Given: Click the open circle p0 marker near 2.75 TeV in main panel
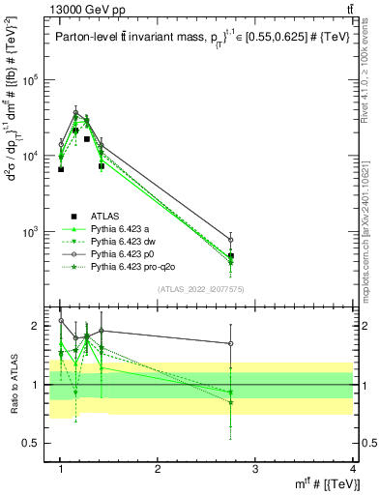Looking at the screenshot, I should click(x=230, y=239).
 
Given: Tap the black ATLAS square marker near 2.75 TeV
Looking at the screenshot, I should click(x=230, y=256).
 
